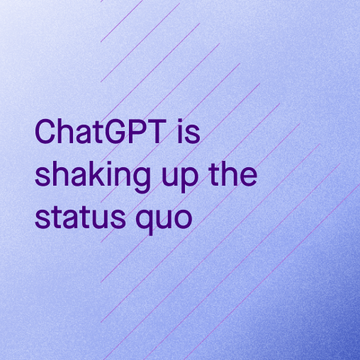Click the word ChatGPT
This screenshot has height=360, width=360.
point(101,131)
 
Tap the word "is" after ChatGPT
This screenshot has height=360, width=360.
point(189,131)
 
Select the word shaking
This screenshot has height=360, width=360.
point(93,176)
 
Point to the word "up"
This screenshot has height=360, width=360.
point(180,177)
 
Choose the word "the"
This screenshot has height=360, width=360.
point(233,174)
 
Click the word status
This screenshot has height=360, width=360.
point(80,216)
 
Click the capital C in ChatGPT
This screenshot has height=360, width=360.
point(45,132)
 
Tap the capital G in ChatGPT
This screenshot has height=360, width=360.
point(115,132)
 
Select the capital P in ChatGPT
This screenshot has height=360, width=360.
point(140,132)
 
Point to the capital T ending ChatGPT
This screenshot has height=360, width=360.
point(158,132)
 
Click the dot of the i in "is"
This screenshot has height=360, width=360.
point(180,122)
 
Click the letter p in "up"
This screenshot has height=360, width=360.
point(189,180)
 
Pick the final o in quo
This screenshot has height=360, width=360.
point(184,219)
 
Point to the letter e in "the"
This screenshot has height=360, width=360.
point(249,176)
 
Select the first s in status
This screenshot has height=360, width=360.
point(43,219)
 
